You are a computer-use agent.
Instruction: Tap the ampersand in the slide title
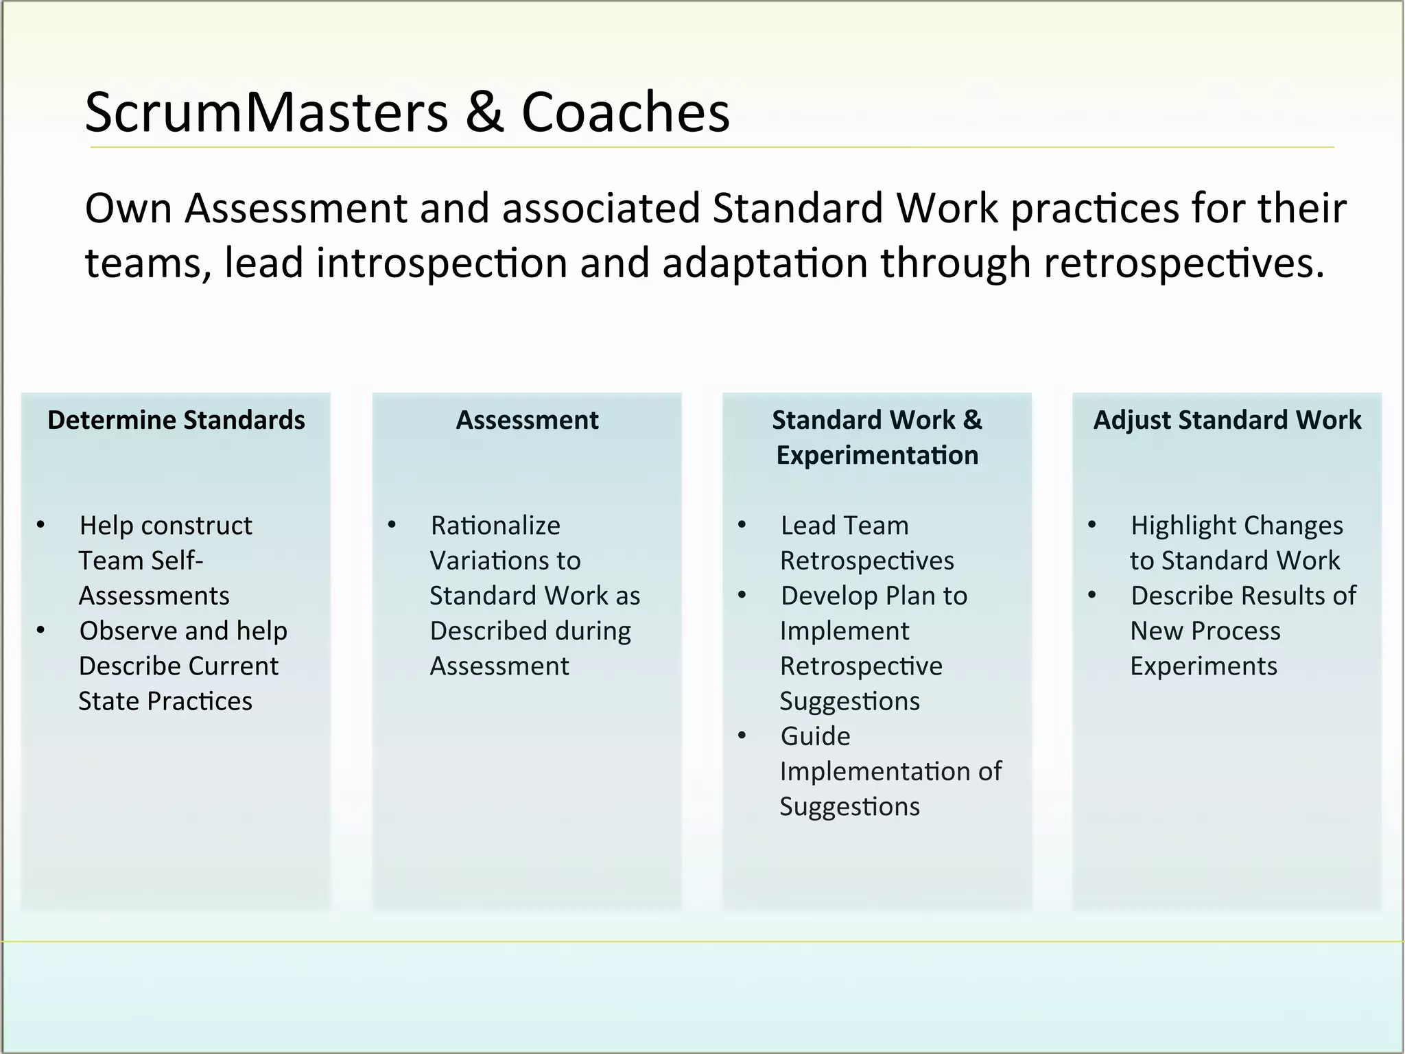tap(484, 113)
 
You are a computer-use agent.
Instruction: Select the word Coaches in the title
tap(626, 113)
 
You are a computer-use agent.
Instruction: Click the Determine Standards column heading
tap(176, 420)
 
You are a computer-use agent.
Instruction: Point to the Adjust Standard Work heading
tap(1227, 420)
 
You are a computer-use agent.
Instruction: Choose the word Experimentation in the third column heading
tap(877, 456)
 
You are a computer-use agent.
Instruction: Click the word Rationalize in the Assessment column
tap(495, 526)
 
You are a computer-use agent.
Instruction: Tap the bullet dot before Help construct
tap(41, 526)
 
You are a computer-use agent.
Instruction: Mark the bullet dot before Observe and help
tap(41, 631)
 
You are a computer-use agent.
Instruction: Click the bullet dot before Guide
tap(742, 736)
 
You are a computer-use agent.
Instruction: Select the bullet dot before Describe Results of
tap(1092, 596)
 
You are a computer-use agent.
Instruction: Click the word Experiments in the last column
tap(1203, 666)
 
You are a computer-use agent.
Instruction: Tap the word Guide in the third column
tap(815, 736)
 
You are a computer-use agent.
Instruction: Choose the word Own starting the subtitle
tap(129, 208)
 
